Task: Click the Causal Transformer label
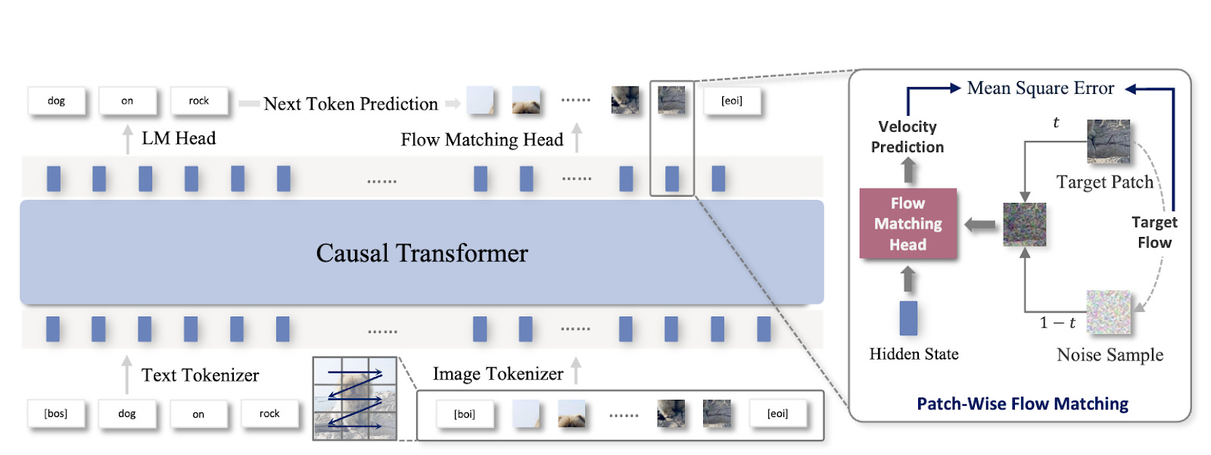[x=422, y=253]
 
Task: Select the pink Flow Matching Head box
[x=907, y=223]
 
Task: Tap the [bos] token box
[x=56, y=413]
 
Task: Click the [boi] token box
[x=464, y=414]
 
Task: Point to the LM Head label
[x=179, y=138]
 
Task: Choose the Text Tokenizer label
[x=200, y=375]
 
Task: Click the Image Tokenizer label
[x=497, y=373]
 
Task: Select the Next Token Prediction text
[x=350, y=104]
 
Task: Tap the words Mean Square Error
[x=1040, y=88]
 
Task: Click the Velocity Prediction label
[x=907, y=137]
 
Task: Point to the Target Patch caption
[x=1104, y=182]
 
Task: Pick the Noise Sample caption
[x=1110, y=354]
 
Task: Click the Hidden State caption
[x=914, y=354]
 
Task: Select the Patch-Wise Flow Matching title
[x=1022, y=404]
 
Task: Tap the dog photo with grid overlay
[x=355, y=398]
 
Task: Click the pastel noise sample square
[x=1108, y=312]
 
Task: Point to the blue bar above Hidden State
[x=908, y=318]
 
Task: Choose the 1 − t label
[x=1057, y=323]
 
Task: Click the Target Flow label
[x=1153, y=232]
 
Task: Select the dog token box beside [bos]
[x=127, y=413]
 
